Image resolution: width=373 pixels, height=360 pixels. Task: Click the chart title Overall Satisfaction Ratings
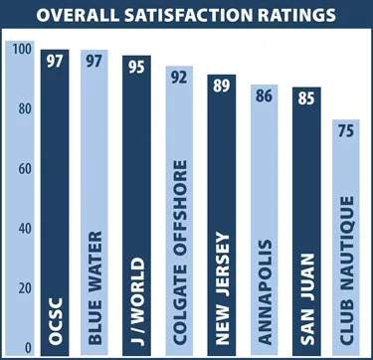pyautogui.click(x=186, y=16)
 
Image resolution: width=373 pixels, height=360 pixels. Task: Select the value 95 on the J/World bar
pyautogui.click(x=136, y=68)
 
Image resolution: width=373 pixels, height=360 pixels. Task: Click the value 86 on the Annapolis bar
pyautogui.click(x=264, y=96)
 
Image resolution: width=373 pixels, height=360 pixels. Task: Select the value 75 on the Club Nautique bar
pyautogui.click(x=347, y=132)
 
